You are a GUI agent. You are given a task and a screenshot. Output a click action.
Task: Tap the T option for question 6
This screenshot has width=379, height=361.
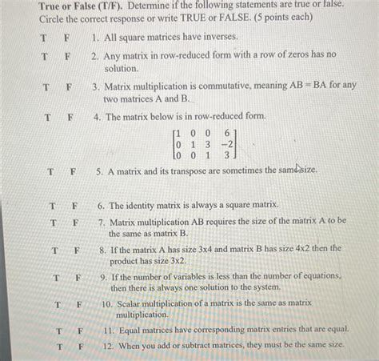point(53,205)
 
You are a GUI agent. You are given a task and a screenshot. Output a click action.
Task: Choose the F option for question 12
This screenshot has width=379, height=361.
point(81,346)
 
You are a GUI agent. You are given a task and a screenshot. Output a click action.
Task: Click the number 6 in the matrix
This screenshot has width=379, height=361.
point(229,131)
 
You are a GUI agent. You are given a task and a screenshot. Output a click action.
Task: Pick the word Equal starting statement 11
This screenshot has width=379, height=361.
point(132,329)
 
